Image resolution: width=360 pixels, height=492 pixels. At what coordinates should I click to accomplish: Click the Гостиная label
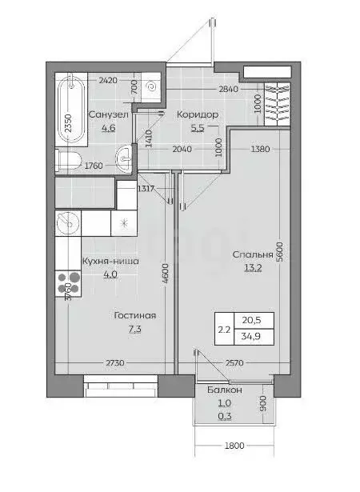[134, 315]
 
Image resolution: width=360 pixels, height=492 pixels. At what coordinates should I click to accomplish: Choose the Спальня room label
[253, 255]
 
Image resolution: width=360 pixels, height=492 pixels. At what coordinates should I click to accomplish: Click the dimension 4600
[164, 276]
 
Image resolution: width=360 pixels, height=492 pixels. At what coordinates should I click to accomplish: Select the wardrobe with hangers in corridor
[274, 104]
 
